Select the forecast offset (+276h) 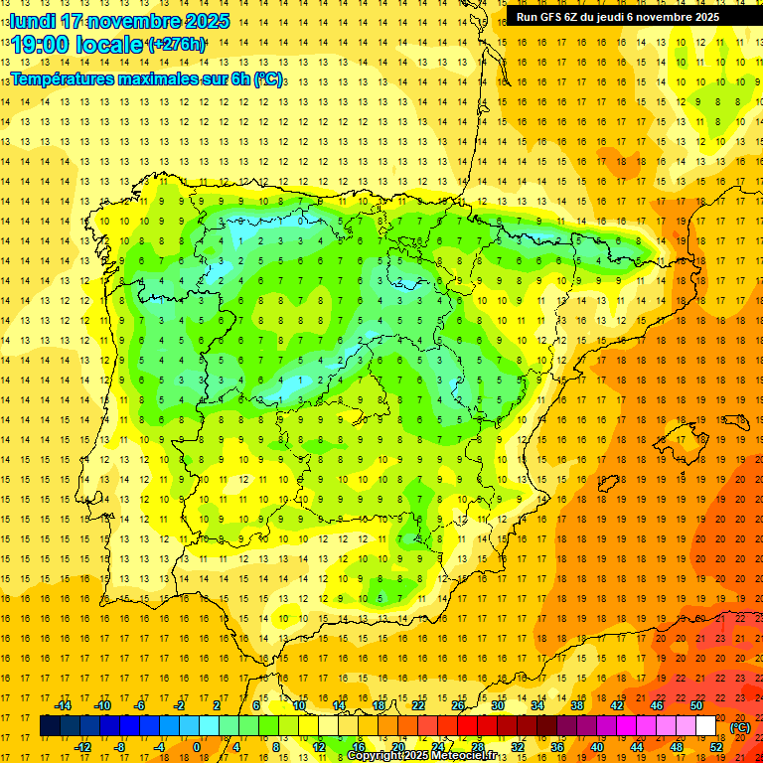point(176,45)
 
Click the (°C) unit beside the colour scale point(740,727)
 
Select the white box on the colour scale point(706,726)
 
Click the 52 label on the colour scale point(716,747)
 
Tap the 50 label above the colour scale point(696,705)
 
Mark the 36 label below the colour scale point(557,747)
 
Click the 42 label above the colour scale point(617,705)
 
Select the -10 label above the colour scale point(101,705)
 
